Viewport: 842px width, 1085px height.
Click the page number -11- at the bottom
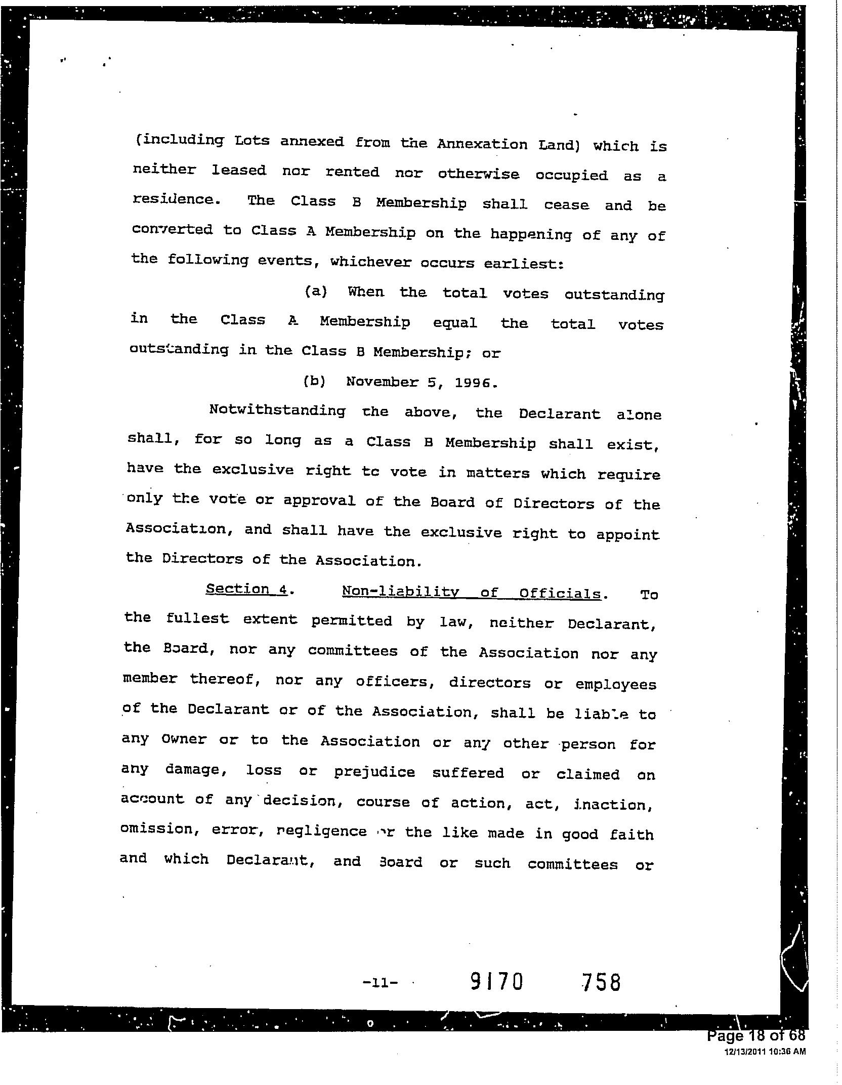pyautogui.click(x=381, y=983)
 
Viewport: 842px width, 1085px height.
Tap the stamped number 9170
pyautogui.click(x=496, y=982)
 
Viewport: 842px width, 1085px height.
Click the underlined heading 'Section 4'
pyautogui.click(x=246, y=589)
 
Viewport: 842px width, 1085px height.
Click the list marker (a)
pyautogui.click(x=316, y=292)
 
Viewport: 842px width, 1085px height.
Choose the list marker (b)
pyautogui.click(x=314, y=381)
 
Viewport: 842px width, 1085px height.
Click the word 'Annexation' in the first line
pyautogui.click(x=482, y=144)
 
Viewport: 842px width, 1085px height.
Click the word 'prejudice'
pyautogui.click(x=374, y=772)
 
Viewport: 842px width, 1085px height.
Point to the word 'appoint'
pyautogui.click(x=628, y=535)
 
